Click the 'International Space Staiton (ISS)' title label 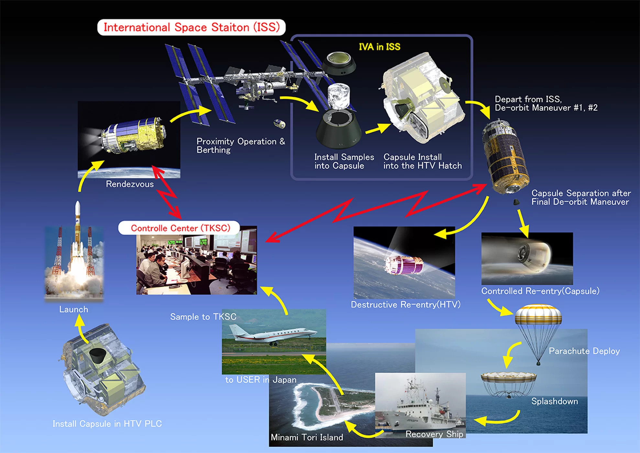pyautogui.click(x=192, y=27)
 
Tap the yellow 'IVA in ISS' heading pyautogui.click(x=380, y=47)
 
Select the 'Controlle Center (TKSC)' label pyautogui.click(x=180, y=228)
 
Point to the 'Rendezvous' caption pyautogui.click(x=130, y=184)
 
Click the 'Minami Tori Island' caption pyautogui.click(x=307, y=437)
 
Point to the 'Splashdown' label pyautogui.click(x=555, y=401)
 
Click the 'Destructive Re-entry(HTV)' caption pyautogui.click(x=406, y=304)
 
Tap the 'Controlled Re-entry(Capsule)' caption pyautogui.click(x=540, y=291)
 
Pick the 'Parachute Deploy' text pyautogui.click(x=584, y=351)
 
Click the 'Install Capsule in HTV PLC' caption pyautogui.click(x=107, y=424)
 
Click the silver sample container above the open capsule pyautogui.click(x=339, y=96)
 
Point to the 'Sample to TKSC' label pyautogui.click(x=203, y=316)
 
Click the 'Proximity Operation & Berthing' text pyautogui.click(x=241, y=146)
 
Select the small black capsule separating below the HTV pyautogui.click(x=516, y=202)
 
